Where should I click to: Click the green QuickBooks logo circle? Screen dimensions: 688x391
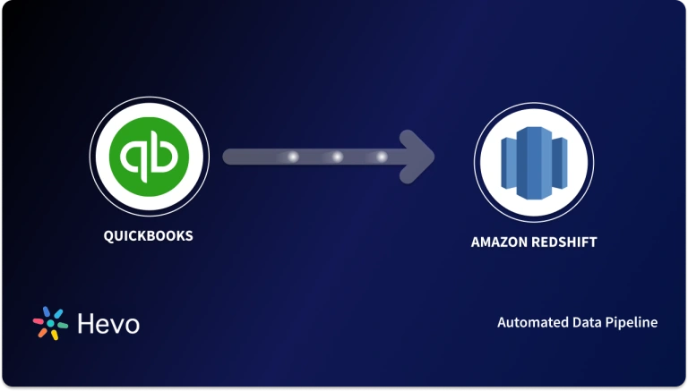click(149, 157)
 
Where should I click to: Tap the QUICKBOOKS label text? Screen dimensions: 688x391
click(149, 236)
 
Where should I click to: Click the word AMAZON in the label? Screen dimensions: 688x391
click(498, 242)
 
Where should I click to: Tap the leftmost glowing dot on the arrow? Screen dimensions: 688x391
click(292, 157)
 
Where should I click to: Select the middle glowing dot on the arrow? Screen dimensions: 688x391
click(338, 157)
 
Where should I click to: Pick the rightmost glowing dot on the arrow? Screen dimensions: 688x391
click(382, 157)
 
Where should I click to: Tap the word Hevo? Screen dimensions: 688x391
click(107, 323)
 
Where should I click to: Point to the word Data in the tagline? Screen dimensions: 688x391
click(586, 322)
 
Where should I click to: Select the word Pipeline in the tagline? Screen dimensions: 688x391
click(632, 322)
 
